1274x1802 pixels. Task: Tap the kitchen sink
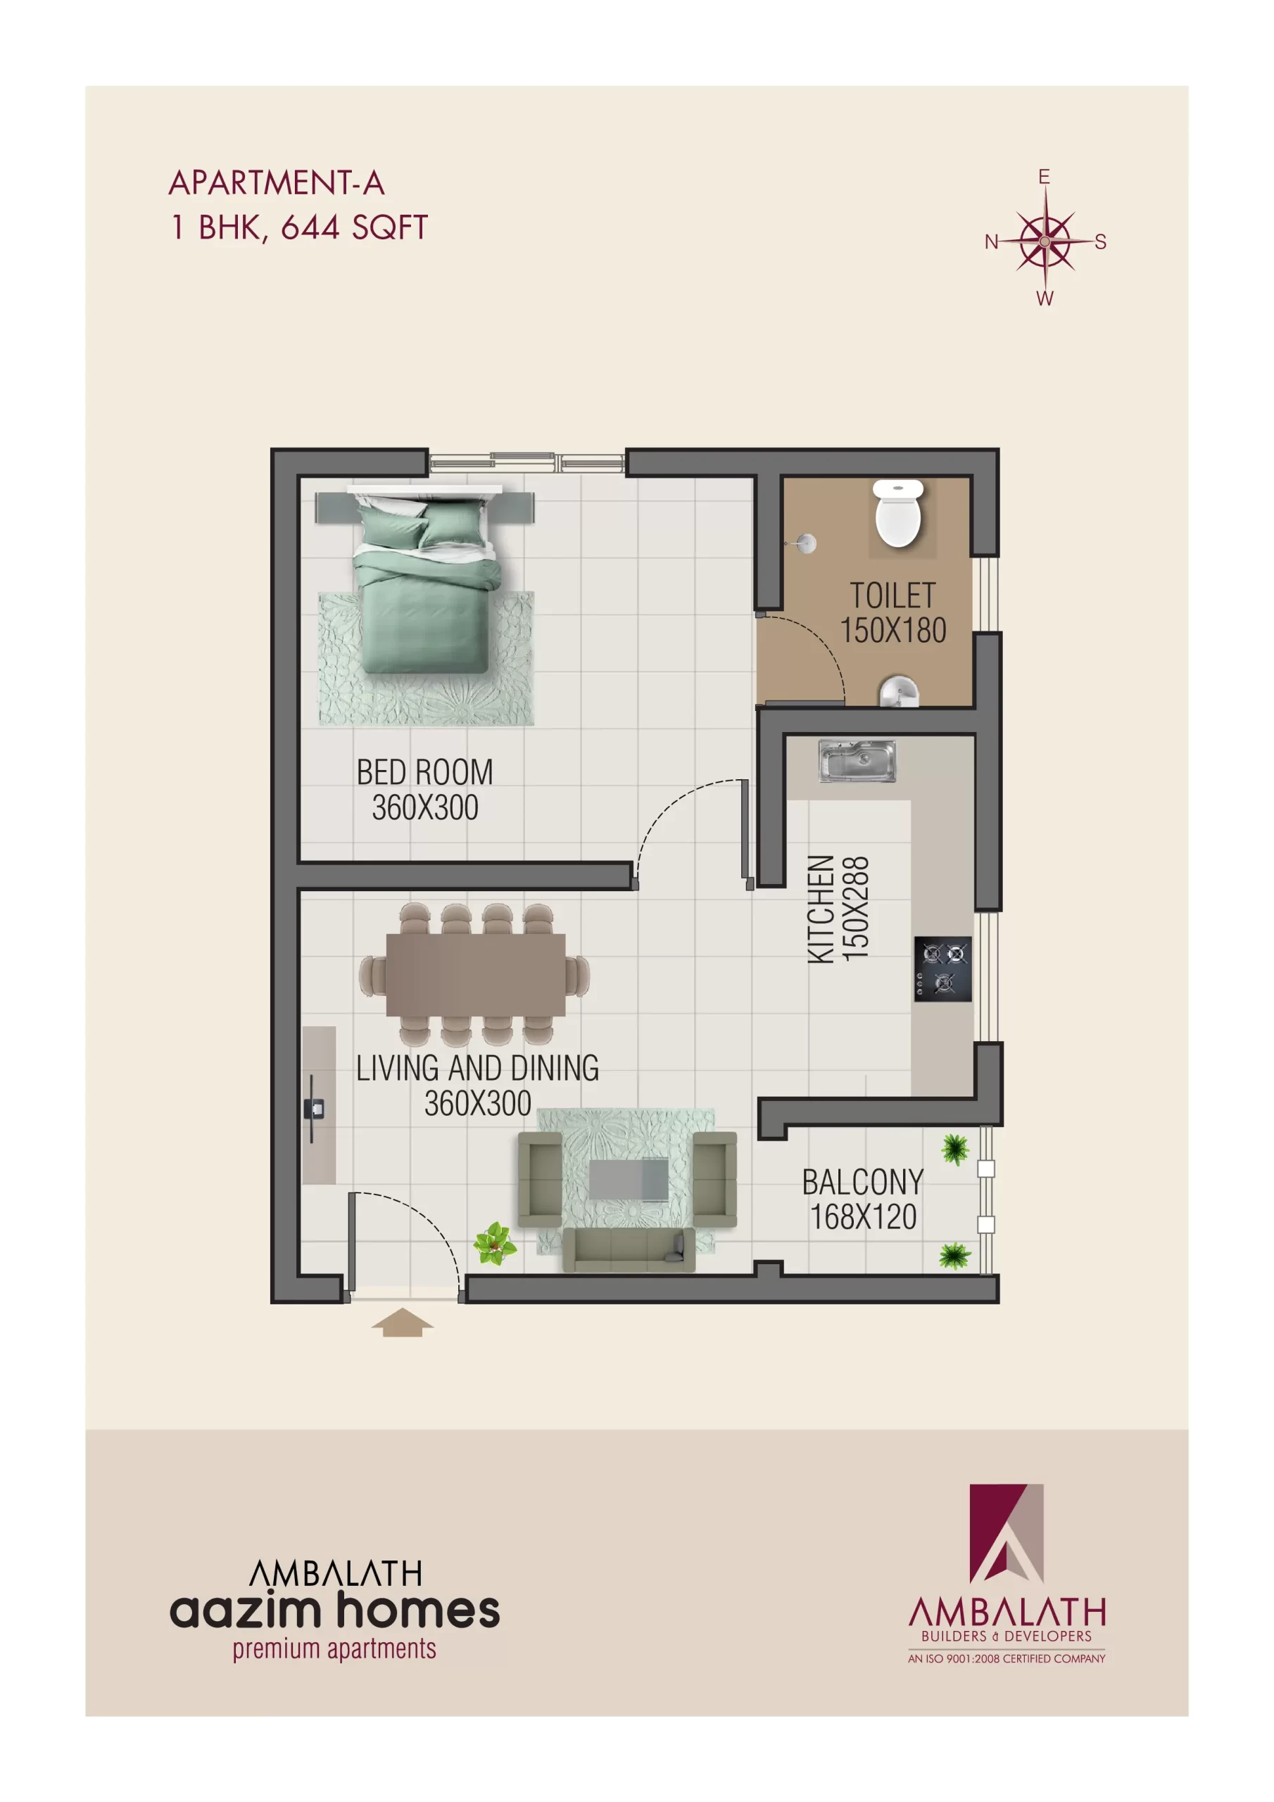857,760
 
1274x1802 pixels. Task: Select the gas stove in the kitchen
942,969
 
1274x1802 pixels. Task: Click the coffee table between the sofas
629,1179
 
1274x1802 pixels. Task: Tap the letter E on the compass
1043,177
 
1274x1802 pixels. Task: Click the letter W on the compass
1045,298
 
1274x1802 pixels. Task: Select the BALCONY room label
862,1182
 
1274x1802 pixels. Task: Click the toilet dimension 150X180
893,630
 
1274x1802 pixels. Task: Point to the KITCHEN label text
820,909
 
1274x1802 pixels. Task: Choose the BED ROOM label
424,772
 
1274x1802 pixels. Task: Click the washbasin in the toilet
899,691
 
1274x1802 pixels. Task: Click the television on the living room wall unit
313,1108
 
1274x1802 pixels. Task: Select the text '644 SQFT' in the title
354,227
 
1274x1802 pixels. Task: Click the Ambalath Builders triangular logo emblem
1006,1533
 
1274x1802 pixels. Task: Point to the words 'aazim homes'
334,1611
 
